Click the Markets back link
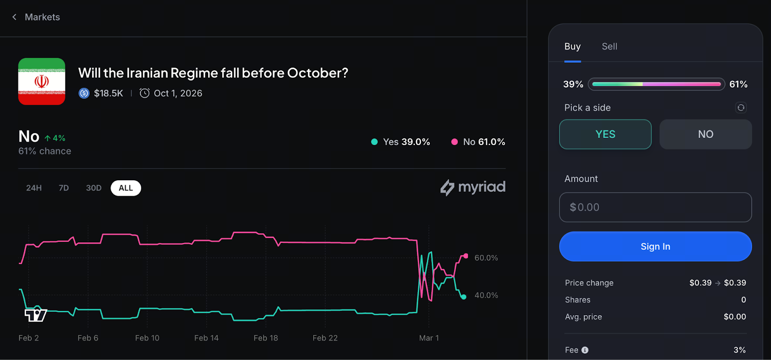[36, 17]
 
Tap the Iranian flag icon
[41, 81]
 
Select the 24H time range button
[34, 188]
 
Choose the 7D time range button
[64, 188]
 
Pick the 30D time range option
[93, 188]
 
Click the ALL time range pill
[126, 188]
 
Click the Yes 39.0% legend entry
[400, 142]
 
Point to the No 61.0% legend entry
[478, 142]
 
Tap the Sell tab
[609, 47]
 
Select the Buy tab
[572, 47]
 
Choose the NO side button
[705, 134]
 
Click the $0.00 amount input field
[655, 207]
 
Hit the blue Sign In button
[655, 247]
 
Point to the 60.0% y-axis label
[486, 258]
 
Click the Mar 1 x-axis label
[429, 338]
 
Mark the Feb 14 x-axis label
[206, 338]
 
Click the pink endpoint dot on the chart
[465, 256]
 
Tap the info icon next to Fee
[585, 350]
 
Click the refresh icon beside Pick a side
[741, 107]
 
